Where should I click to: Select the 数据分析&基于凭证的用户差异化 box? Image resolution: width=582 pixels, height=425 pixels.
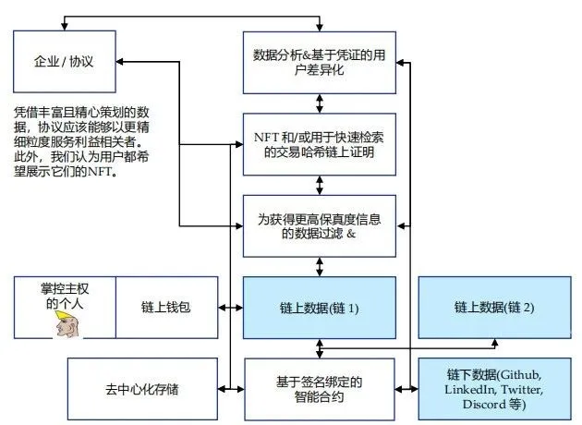[x=319, y=62]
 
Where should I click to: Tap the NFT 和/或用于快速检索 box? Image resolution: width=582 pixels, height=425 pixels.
[x=319, y=144]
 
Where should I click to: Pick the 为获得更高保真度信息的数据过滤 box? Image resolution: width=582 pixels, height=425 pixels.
[x=319, y=226]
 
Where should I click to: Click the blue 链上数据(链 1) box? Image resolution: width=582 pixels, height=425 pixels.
[x=319, y=307]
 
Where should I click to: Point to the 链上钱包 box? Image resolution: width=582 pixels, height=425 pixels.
[x=165, y=307]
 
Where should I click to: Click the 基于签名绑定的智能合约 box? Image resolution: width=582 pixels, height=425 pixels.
[x=319, y=389]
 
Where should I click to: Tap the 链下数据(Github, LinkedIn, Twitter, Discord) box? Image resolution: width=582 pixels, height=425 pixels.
[x=493, y=389]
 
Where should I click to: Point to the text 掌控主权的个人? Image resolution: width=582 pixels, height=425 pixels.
[x=65, y=295]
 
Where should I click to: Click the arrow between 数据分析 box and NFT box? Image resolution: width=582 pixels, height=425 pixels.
[x=319, y=103]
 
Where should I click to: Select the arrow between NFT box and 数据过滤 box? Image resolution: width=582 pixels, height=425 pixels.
[x=319, y=185]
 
